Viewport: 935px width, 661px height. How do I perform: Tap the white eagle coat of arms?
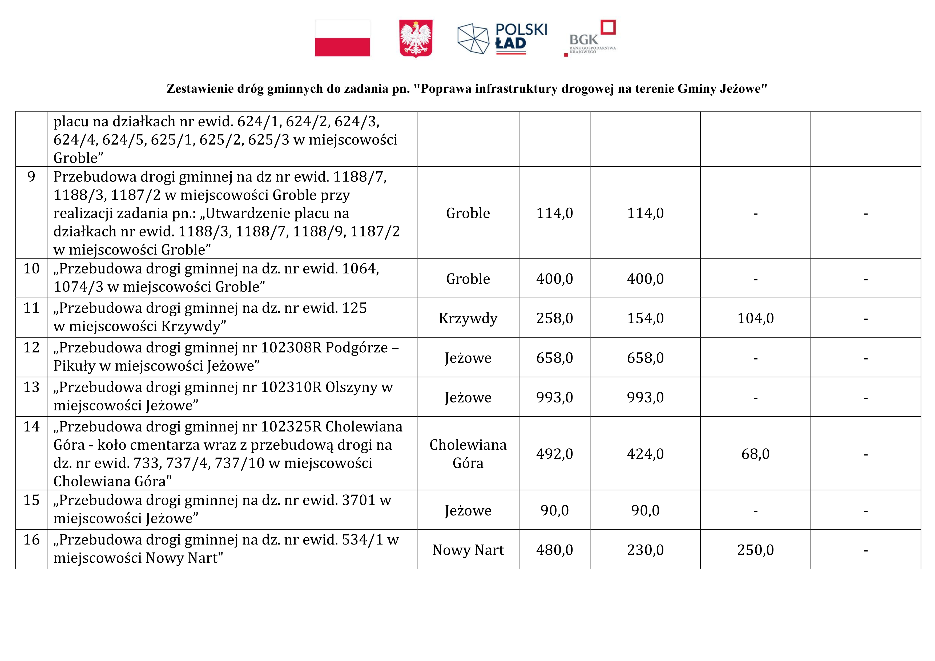(416, 38)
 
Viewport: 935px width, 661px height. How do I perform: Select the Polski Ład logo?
(502, 39)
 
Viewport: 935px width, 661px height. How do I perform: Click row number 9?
(31, 177)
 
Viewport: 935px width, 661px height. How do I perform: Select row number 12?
(31, 347)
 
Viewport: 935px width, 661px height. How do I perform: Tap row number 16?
(31, 540)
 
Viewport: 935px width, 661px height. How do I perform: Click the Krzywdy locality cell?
(468, 318)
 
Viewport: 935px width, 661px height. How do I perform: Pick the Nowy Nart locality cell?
(468, 550)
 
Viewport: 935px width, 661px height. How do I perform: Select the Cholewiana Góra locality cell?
(468, 454)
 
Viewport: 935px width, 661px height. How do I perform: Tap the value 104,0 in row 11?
(755, 318)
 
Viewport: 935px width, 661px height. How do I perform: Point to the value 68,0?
(755, 454)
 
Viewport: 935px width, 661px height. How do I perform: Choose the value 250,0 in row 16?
(755, 550)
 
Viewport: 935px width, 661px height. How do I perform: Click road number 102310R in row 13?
(291, 387)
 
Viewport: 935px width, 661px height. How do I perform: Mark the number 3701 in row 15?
(358, 500)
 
